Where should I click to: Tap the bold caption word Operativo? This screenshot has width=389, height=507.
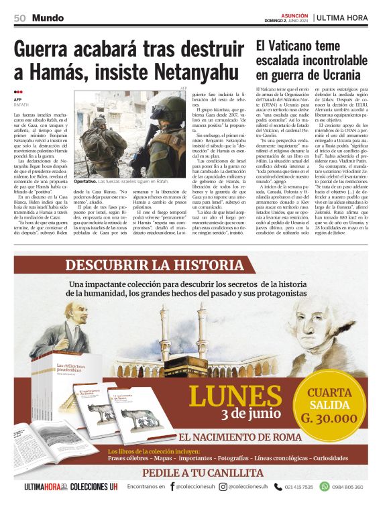click(86, 181)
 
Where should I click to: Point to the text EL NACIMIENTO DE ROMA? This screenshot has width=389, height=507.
click(240, 437)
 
